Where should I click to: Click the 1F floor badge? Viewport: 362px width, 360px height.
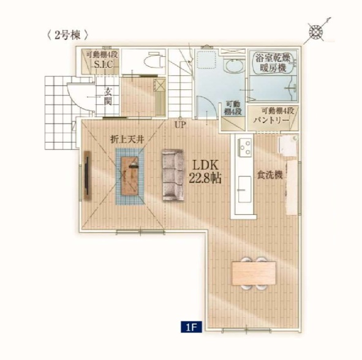coord(191,327)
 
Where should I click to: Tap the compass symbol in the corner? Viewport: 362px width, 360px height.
coord(317,31)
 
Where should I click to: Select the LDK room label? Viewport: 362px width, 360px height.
coord(205,165)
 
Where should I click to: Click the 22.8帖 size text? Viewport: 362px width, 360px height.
coord(205,178)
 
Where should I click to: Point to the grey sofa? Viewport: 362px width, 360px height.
coord(173,175)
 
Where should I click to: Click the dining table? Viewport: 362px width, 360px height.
coord(254,273)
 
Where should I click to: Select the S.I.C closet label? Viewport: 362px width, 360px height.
coord(103,64)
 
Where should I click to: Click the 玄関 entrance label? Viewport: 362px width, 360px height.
coord(108,97)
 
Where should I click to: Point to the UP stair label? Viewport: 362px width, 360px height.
coord(180,125)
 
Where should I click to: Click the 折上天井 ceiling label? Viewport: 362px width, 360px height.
coord(127,140)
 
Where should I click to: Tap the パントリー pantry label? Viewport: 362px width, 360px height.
coord(271,120)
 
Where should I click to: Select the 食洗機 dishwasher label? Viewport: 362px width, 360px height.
coord(270,175)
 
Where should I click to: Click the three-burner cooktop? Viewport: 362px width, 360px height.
coord(244,146)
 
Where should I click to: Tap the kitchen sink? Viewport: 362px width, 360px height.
coord(244,189)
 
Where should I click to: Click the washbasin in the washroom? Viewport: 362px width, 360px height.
coord(234,66)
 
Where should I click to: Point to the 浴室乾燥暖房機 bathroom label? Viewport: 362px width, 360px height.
coord(273,62)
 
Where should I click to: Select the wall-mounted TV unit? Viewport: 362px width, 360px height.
coord(87,175)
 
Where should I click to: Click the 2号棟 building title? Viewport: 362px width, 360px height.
coord(67,36)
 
